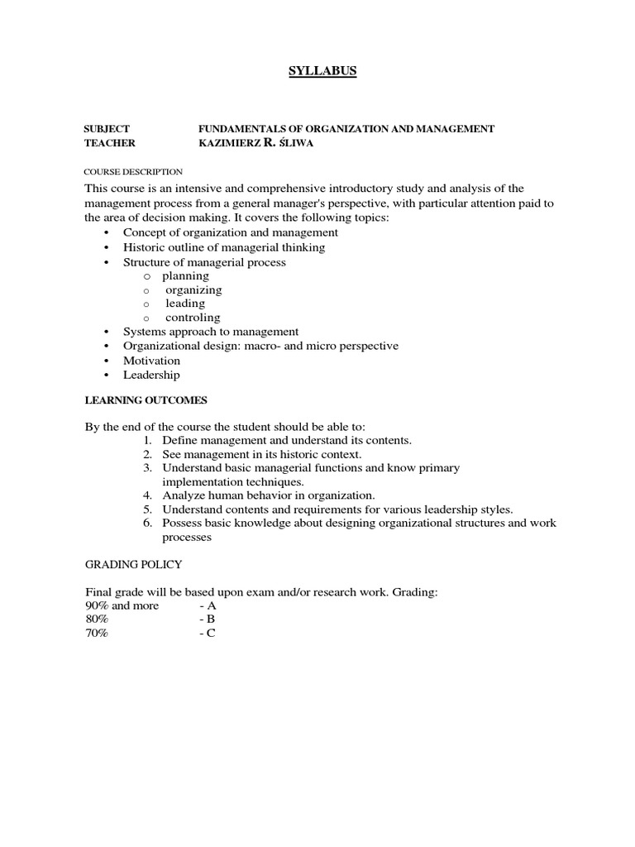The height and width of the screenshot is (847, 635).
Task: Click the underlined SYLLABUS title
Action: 322,71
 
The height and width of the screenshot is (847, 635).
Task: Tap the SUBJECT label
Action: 107,128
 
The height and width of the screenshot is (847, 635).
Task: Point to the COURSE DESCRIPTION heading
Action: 133,171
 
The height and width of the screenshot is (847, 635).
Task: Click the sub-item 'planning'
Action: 185,275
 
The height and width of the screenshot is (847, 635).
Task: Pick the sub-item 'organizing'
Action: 193,290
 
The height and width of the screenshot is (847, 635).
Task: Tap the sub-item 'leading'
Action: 185,303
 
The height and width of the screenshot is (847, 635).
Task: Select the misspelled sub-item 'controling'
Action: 193,317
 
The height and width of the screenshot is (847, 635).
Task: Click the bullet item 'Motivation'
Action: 151,361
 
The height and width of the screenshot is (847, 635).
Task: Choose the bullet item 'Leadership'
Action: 151,375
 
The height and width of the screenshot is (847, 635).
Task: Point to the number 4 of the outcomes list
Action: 146,495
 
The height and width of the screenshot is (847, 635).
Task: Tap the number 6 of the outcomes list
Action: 146,524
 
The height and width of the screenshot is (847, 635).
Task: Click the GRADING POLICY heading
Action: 134,563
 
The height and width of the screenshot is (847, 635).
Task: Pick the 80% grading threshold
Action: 97,620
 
